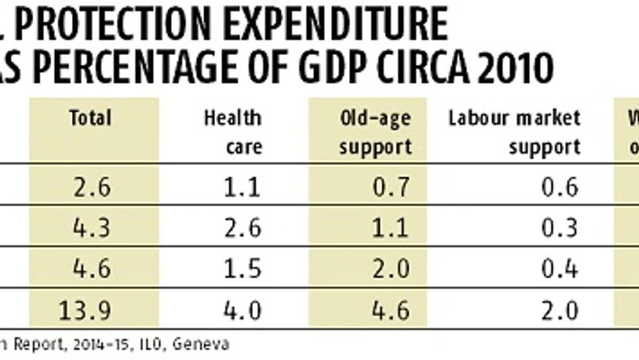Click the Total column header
click(91, 118)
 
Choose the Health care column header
click(232, 131)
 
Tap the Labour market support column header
click(514, 131)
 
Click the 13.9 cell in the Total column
click(91, 310)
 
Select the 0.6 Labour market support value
click(559, 187)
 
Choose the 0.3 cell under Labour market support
click(559, 227)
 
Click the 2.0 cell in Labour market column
click(559, 310)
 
